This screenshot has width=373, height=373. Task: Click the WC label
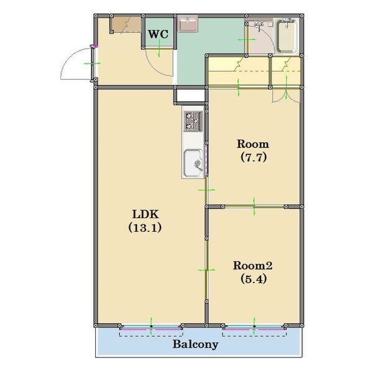click(x=159, y=34)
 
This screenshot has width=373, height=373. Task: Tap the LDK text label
click(x=145, y=214)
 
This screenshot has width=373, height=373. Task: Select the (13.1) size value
click(x=145, y=228)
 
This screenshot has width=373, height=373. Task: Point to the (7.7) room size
click(x=254, y=157)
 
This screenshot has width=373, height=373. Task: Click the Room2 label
click(x=252, y=265)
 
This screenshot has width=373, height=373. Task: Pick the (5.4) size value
click(x=254, y=279)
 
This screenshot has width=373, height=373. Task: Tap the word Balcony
click(x=195, y=344)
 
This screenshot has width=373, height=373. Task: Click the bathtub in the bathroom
click(x=287, y=36)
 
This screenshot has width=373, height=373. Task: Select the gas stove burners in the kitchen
click(x=193, y=121)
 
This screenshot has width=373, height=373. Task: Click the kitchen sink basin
click(x=193, y=163)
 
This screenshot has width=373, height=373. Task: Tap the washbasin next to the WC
click(x=188, y=24)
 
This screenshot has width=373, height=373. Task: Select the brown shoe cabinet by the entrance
click(x=126, y=24)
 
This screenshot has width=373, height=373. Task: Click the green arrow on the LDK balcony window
click(x=151, y=326)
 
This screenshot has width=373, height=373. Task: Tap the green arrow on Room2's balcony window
click(x=254, y=326)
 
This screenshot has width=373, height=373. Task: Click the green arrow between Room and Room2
click(x=254, y=206)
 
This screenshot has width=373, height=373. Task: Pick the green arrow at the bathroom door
click(x=246, y=40)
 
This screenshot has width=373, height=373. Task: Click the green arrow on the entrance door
click(x=92, y=63)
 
